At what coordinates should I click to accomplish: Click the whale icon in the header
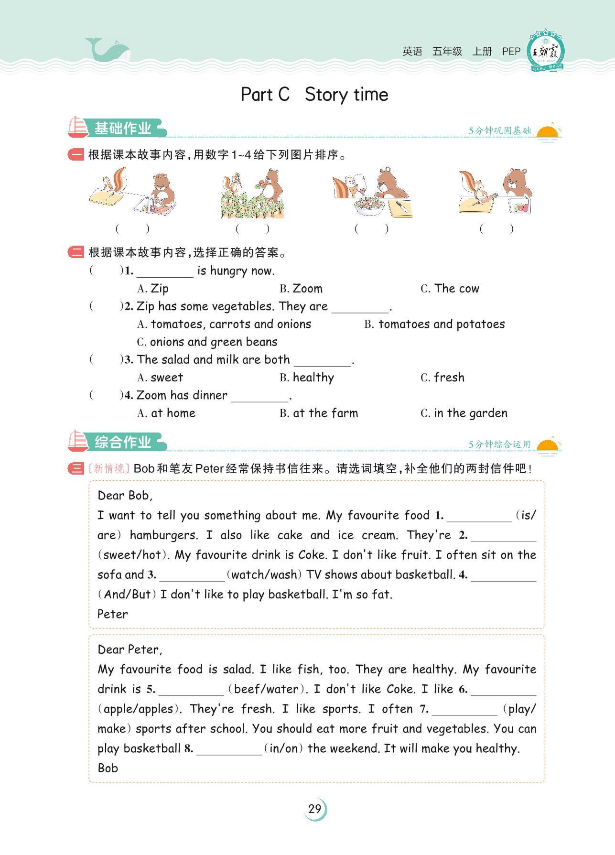(106, 50)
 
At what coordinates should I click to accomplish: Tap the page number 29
(315, 809)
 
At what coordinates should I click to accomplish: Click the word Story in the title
(326, 95)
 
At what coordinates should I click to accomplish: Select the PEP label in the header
(511, 52)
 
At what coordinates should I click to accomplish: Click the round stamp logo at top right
(546, 52)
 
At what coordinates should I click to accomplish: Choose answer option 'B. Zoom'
(301, 289)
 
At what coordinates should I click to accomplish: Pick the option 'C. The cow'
(450, 289)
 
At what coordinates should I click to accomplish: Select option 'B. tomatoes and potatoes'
(434, 324)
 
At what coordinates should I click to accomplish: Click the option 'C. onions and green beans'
(207, 342)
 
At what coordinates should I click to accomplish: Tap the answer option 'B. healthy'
(307, 378)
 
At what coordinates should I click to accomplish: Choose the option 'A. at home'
(166, 413)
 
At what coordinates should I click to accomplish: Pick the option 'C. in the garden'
(464, 413)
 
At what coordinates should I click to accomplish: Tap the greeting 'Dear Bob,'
(125, 496)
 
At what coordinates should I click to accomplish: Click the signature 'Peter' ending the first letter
(113, 614)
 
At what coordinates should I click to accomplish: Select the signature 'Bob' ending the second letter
(108, 768)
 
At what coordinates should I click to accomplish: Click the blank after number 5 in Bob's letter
(191, 690)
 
